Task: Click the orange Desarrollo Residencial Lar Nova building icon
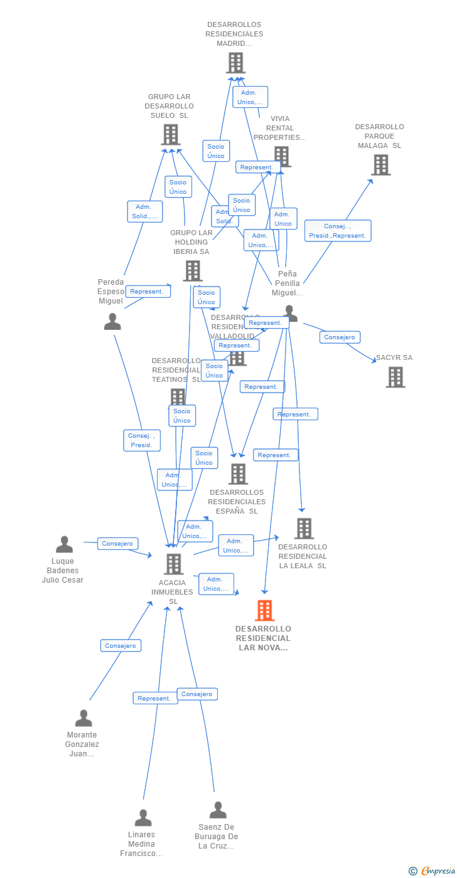264,610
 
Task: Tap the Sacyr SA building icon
395,377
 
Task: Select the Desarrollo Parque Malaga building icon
381,165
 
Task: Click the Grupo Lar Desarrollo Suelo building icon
171,134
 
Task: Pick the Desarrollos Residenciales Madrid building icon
235,63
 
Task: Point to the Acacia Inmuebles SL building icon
173,564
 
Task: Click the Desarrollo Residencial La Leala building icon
304,529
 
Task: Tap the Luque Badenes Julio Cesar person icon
64,544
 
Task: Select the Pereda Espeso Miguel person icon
112,322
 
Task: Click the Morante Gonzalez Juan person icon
83,718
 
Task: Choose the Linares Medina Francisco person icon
143,818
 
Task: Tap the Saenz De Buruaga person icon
218,810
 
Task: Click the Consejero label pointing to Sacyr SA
340,337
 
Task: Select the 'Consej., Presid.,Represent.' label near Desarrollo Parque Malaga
338,231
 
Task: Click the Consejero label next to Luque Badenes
117,544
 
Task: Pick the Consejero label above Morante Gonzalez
121,645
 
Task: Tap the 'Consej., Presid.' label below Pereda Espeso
142,440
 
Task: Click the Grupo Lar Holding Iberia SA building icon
192,271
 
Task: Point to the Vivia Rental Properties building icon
282,156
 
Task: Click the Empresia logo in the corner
434,870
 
